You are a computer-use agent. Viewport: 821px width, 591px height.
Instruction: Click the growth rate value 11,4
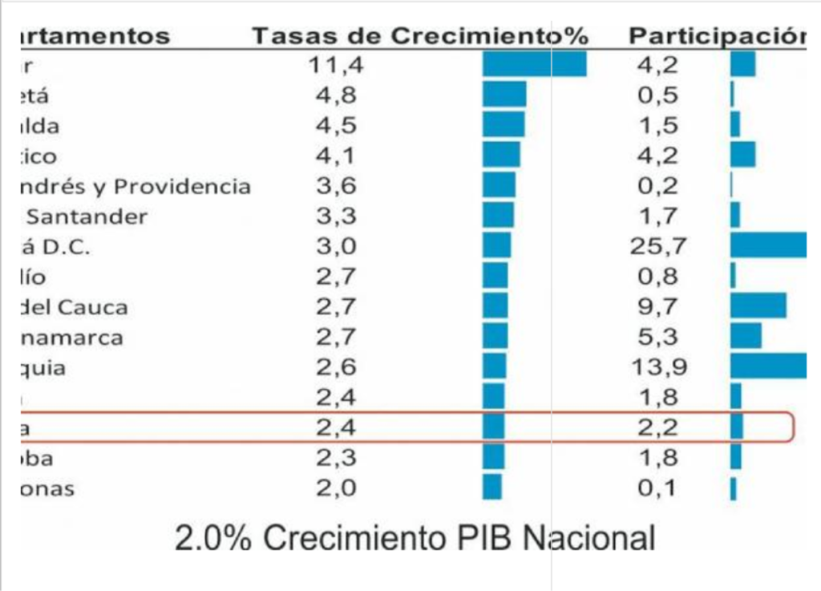click(x=337, y=65)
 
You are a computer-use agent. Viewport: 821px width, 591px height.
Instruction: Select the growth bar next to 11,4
click(x=534, y=64)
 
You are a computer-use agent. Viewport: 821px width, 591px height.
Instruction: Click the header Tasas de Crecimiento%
click(x=421, y=36)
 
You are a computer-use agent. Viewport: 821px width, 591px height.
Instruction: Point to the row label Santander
click(x=87, y=217)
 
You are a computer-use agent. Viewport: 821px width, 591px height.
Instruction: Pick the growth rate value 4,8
click(x=337, y=95)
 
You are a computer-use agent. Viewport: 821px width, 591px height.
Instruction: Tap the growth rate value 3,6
click(x=337, y=186)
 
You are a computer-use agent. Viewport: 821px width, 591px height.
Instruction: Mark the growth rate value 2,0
click(x=337, y=488)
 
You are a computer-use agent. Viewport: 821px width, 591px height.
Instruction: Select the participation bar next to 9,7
click(x=758, y=306)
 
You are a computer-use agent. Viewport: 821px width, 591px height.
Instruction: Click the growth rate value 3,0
click(x=337, y=246)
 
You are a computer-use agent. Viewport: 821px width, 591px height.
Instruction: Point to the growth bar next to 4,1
click(x=501, y=156)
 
